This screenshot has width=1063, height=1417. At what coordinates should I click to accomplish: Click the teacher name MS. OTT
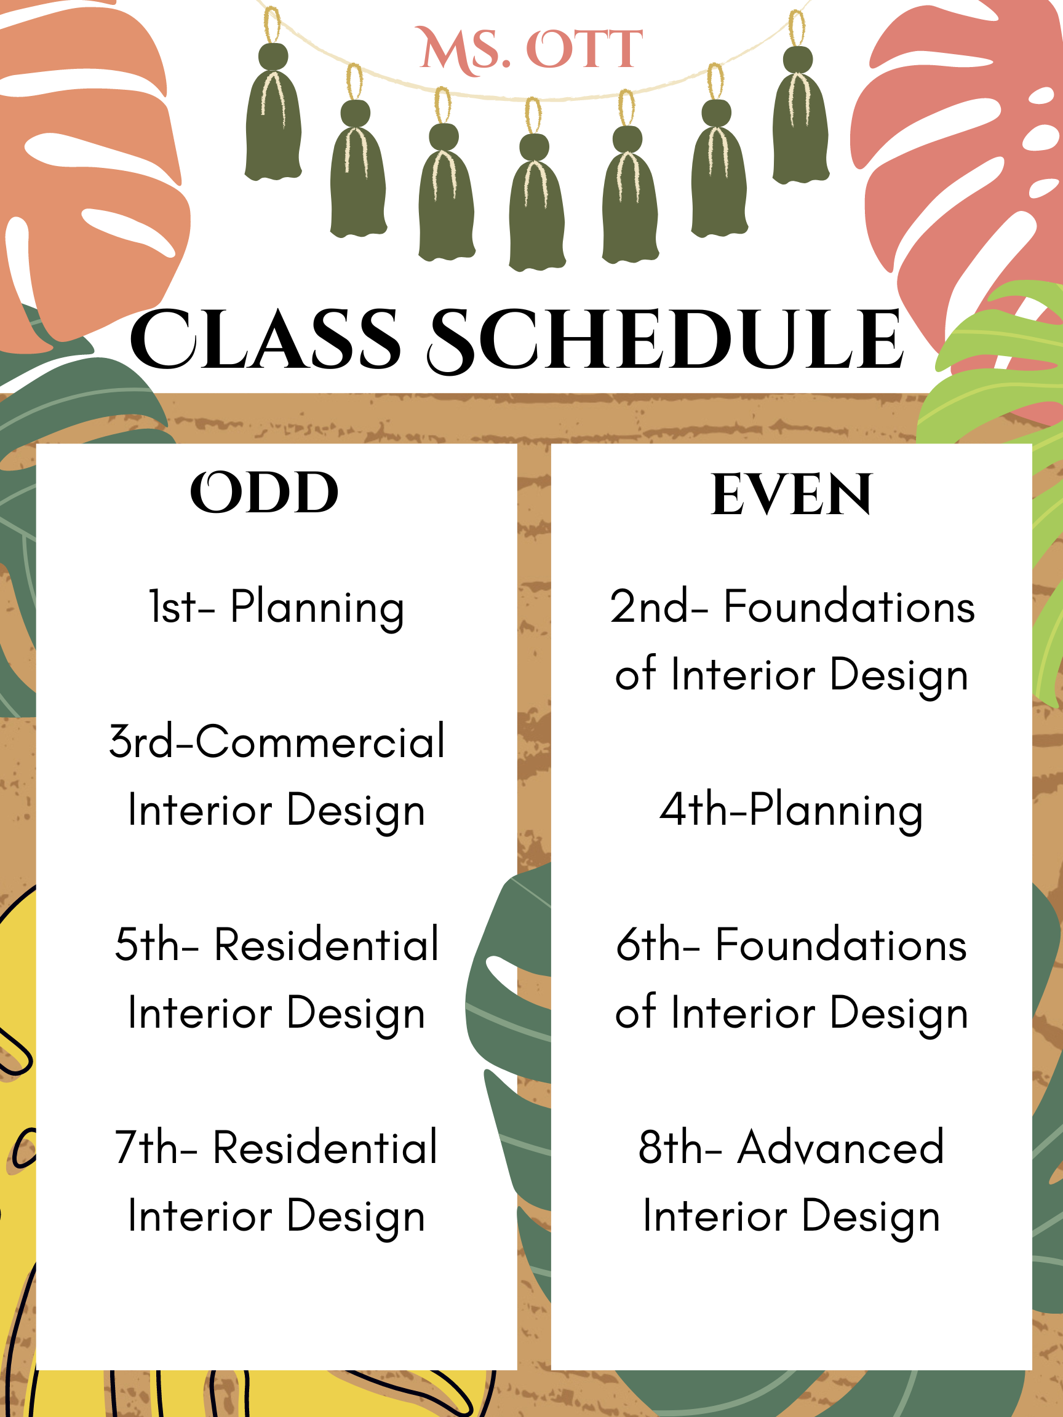click(530, 50)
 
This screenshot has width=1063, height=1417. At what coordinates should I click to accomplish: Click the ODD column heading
click(264, 493)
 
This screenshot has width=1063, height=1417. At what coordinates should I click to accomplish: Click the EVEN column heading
click(791, 494)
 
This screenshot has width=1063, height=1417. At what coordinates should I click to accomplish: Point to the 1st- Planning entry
click(276, 607)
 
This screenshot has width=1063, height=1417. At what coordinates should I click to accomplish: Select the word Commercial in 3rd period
click(320, 742)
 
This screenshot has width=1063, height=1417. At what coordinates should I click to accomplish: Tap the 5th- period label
click(157, 945)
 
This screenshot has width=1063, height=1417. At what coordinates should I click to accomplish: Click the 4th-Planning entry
click(791, 811)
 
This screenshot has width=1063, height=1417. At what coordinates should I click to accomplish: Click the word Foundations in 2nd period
click(849, 606)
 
